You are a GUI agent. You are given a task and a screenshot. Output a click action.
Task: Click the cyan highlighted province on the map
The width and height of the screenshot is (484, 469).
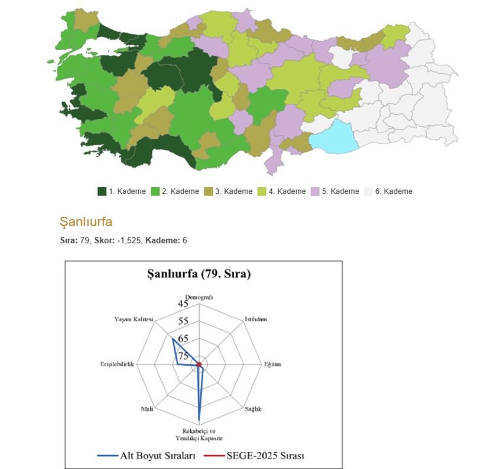336,136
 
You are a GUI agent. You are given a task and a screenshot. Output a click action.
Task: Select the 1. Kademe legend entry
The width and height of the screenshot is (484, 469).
122,191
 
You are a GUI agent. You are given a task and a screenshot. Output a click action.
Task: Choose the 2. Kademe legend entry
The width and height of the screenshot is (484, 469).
175,191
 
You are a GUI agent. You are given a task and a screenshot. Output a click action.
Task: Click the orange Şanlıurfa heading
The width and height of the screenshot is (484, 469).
86,222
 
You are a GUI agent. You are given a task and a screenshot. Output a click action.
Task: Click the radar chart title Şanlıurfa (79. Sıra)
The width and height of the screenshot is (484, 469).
199,274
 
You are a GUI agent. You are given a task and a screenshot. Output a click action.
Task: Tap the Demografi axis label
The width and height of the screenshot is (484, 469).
199,297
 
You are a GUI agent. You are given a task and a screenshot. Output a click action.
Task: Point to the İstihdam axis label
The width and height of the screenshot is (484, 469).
255,320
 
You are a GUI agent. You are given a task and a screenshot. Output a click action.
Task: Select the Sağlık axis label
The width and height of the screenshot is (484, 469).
252,409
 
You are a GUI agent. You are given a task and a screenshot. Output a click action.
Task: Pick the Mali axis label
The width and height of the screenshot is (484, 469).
147,409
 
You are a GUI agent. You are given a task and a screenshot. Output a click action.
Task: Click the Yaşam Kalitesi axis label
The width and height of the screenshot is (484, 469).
134,320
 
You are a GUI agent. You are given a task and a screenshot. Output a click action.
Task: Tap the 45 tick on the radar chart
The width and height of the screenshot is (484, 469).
183,304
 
